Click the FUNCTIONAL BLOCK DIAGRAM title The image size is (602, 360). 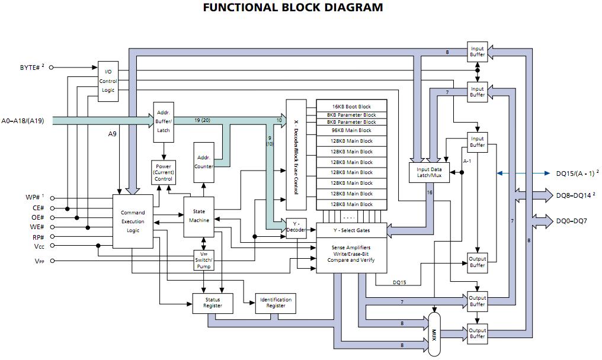tap(293, 8)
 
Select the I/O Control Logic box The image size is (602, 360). tap(108, 81)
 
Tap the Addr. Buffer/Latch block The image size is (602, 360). tap(163, 121)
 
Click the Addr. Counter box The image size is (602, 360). tap(203, 162)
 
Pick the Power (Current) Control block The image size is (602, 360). tap(163, 172)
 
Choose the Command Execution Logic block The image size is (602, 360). tap(133, 221)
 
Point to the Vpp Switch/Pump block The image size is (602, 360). tap(203, 261)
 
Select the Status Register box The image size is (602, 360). tap(213, 303)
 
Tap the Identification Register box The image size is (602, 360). tap(276, 303)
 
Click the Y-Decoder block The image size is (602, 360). tap(296, 228)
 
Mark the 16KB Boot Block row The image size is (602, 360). tap(351, 107)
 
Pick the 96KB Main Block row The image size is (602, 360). tap(351, 130)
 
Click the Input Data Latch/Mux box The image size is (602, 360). tap(429, 172)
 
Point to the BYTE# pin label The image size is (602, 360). tap(31, 67)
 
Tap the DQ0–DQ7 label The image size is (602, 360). tap(571, 221)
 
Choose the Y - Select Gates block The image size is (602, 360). tap(351, 230)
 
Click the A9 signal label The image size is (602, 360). tap(112, 134)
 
